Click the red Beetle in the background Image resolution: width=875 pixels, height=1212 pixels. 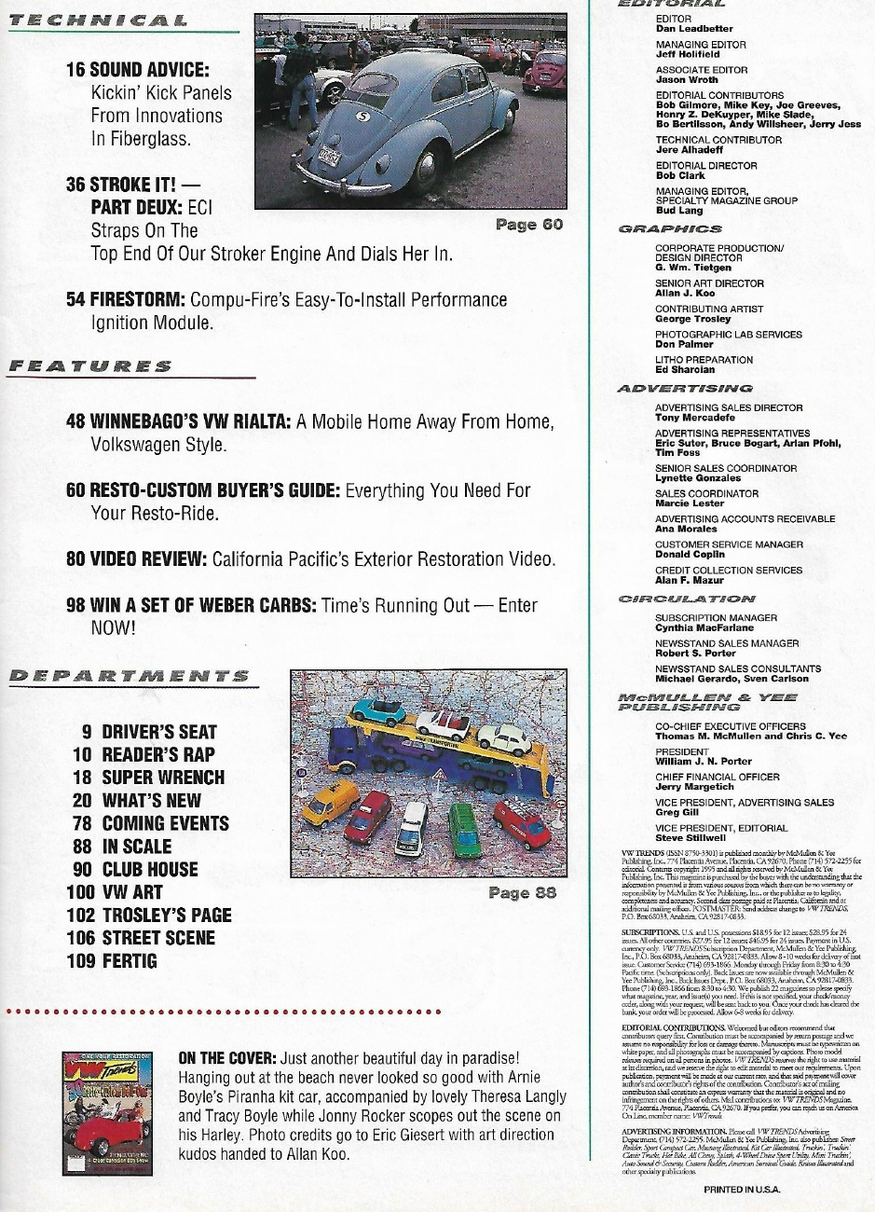(x=545, y=71)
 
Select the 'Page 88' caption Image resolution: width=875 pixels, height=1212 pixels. (x=522, y=892)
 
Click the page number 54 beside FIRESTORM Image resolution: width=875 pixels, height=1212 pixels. (x=77, y=299)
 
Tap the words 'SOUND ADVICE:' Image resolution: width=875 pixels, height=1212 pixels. (x=150, y=70)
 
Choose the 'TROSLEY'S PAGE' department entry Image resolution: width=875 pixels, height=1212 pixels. (x=166, y=916)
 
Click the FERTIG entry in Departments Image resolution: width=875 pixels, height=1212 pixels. (x=129, y=960)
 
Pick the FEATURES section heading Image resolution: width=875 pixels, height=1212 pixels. (x=89, y=366)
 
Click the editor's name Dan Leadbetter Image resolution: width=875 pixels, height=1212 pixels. (x=694, y=29)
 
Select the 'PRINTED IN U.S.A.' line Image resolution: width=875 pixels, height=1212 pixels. (x=742, y=1190)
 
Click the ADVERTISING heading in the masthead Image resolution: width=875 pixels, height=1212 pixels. (x=685, y=388)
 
